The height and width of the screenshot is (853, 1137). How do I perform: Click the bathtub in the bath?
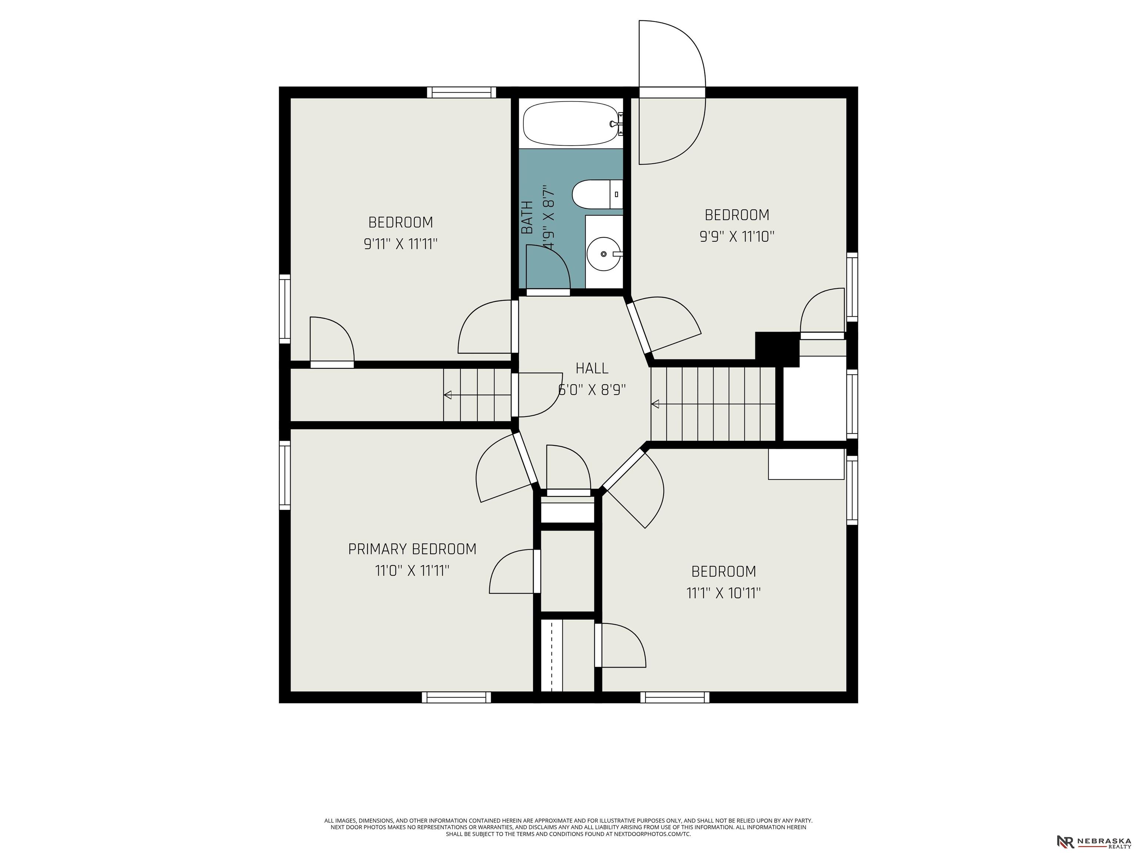[x=571, y=123]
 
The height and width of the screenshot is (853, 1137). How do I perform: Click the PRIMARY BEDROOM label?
[x=412, y=549]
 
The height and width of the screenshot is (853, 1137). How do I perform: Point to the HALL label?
[x=591, y=368]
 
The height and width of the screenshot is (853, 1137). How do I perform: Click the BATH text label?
[x=527, y=217]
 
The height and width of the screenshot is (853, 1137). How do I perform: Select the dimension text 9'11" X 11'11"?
[x=401, y=244]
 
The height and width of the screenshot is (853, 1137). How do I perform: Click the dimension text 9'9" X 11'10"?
[x=737, y=237]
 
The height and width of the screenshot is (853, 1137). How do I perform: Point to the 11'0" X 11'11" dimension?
[x=412, y=571]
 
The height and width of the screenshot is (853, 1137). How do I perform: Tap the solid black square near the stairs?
[x=777, y=349]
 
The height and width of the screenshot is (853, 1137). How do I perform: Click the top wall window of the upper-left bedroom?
[x=462, y=93]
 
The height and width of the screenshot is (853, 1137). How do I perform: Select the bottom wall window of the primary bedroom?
[x=456, y=697]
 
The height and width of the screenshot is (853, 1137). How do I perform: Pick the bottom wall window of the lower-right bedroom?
[x=675, y=697]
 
